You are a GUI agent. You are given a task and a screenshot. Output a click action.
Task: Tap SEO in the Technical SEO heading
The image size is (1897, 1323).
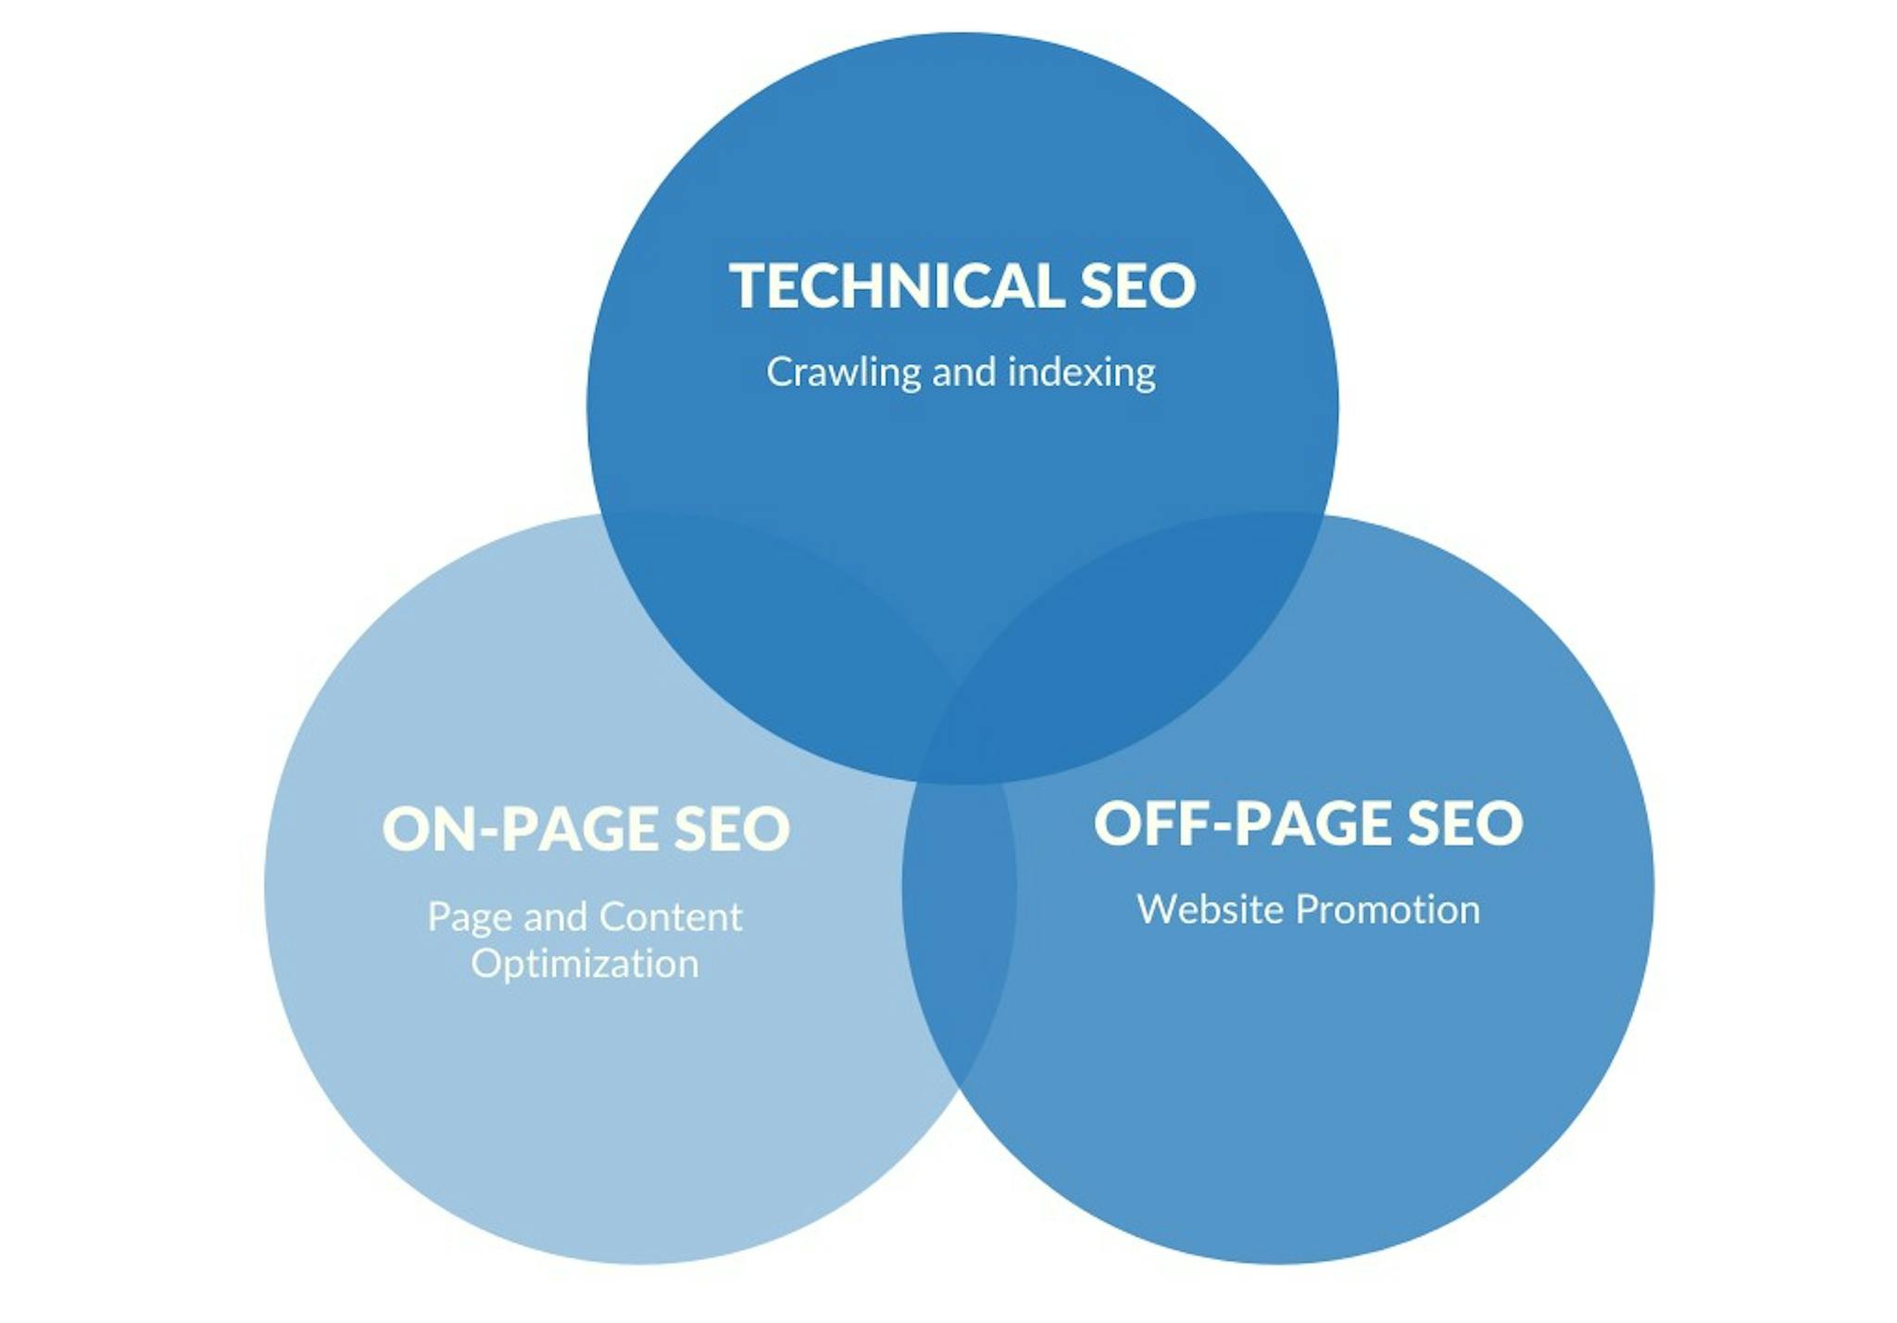(x=1138, y=284)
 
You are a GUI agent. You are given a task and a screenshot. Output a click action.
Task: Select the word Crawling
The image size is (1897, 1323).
(x=844, y=373)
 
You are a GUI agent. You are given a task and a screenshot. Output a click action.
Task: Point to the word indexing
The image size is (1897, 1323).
(x=1082, y=373)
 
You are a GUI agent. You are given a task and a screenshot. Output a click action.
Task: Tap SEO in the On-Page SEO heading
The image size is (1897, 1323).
(x=732, y=828)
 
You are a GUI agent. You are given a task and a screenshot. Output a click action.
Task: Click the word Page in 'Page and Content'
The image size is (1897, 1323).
(x=470, y=918)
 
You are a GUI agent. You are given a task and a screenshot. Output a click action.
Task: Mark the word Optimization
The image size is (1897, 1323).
(x=584, y=964)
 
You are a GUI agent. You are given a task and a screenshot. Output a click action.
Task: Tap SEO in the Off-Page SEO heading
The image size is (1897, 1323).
(x=1465, y=823)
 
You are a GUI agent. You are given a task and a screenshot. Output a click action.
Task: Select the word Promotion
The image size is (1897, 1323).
(x=1387, y=910)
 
